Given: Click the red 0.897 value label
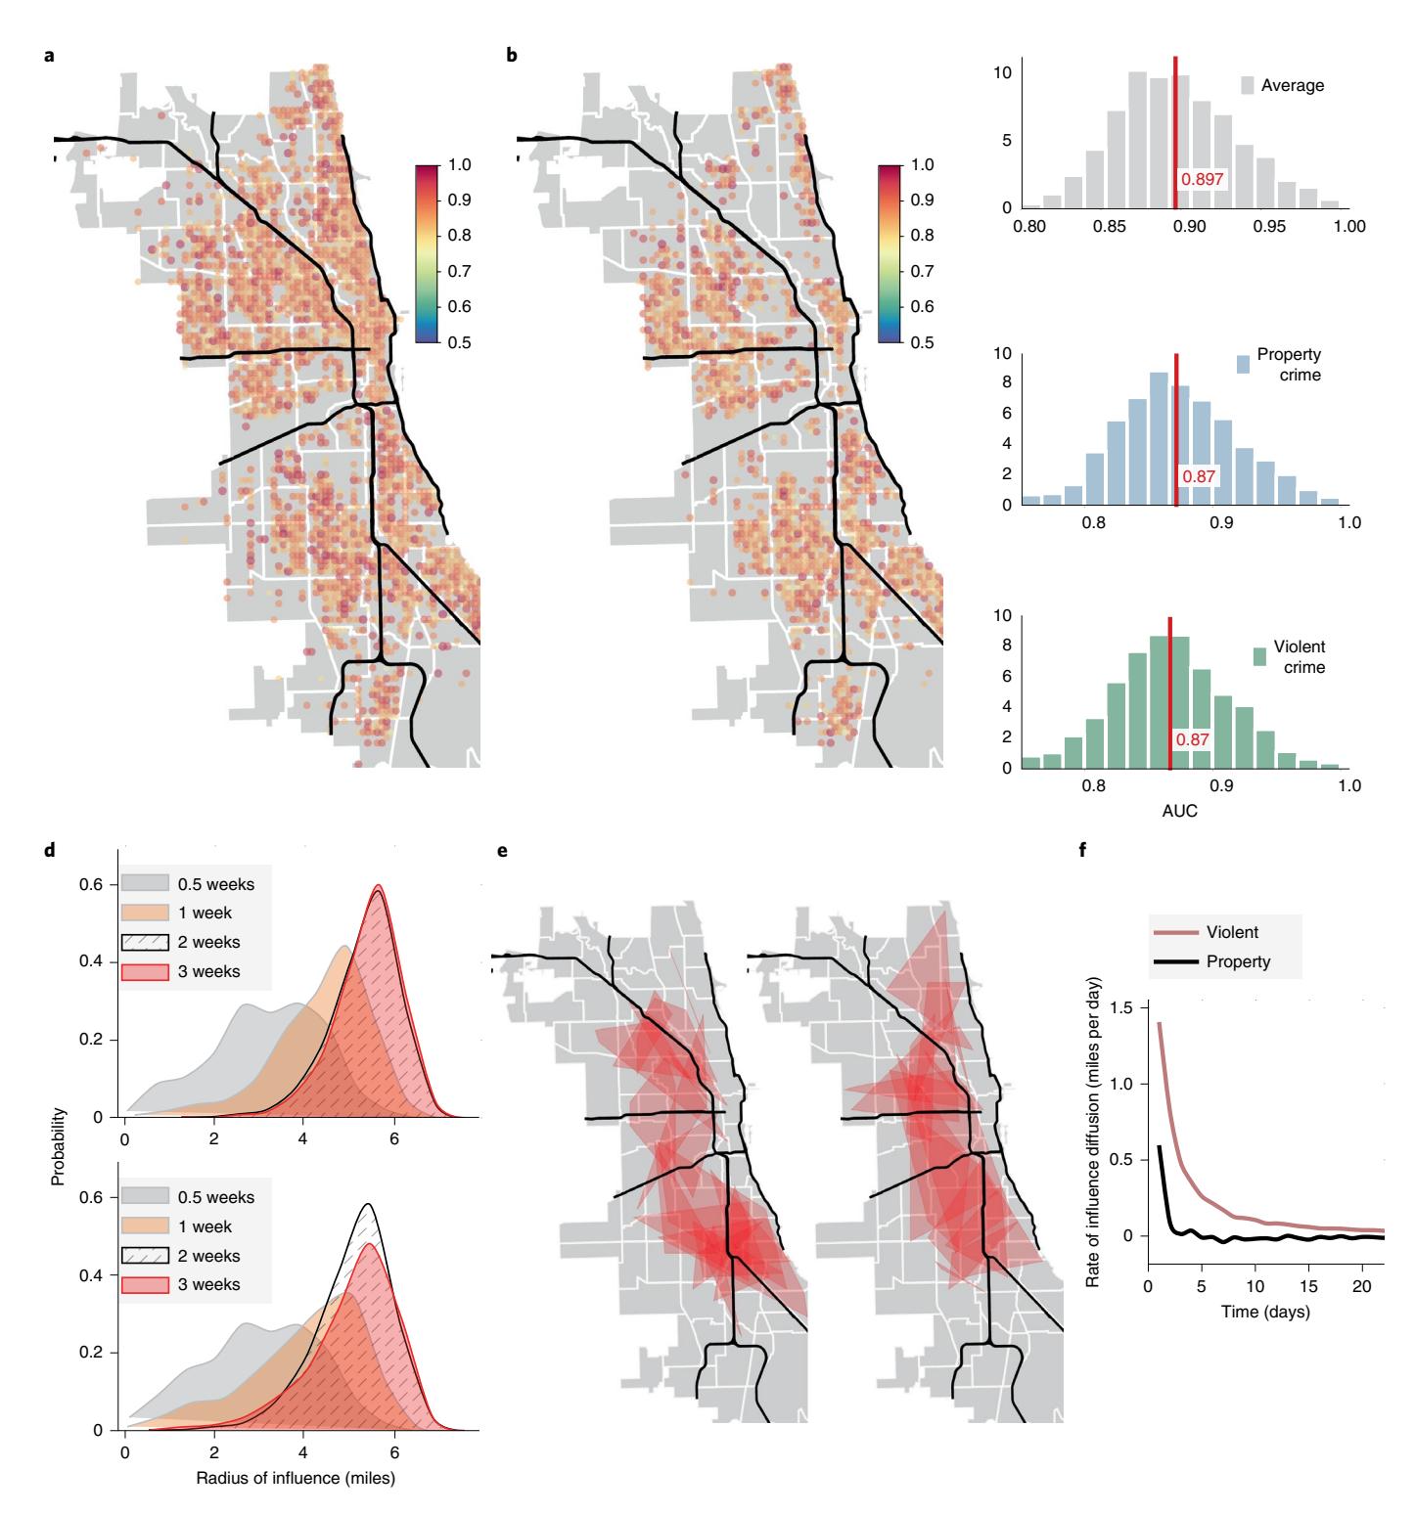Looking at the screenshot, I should (x=1203, y=179).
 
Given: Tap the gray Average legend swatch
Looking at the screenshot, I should (x=1247, y=85).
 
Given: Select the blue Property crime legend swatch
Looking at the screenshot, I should (x=1244, y=364).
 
